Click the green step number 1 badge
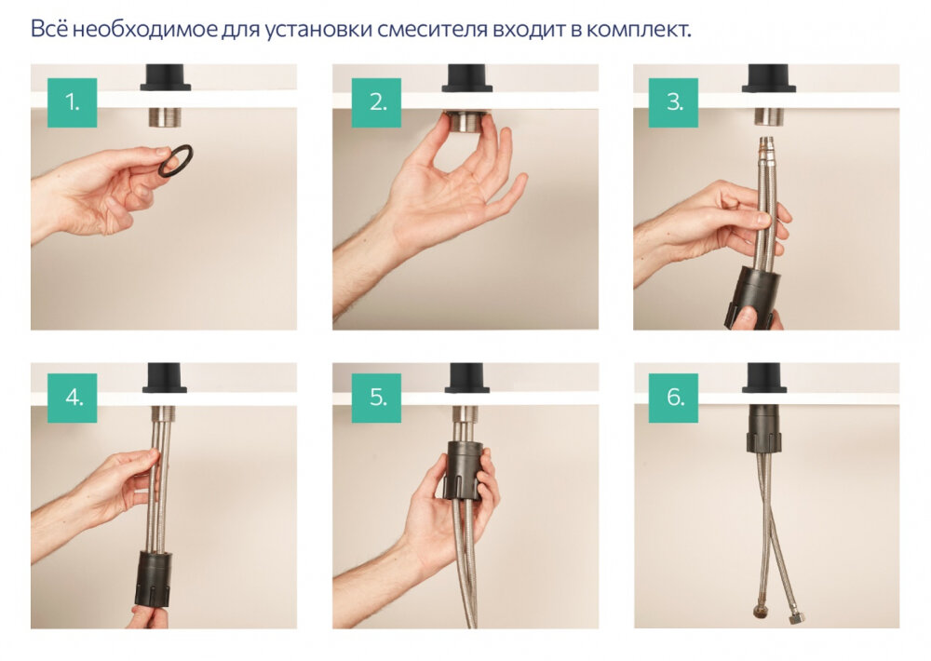click(72, 102)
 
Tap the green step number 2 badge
click(376, 102)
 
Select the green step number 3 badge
click(673, 102)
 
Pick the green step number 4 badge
click(72, 398)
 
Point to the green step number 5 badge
click(376, 398)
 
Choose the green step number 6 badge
click(673, 398)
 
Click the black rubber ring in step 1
click(176, 160)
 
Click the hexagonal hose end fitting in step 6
click(797, 615)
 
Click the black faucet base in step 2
click(466, 77)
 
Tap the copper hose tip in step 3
click(765, 144)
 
